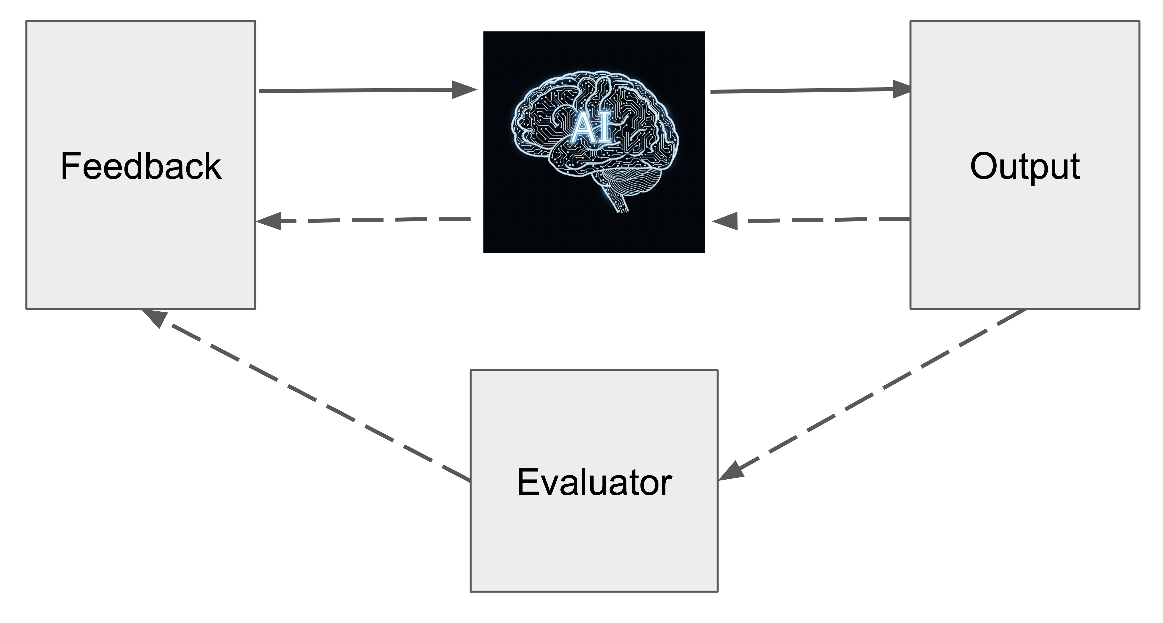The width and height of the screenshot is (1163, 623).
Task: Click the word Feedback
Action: click(141, 167)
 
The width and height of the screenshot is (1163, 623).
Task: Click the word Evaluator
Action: click(594, 483)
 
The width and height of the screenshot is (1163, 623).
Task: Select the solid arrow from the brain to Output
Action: click(804, 91)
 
